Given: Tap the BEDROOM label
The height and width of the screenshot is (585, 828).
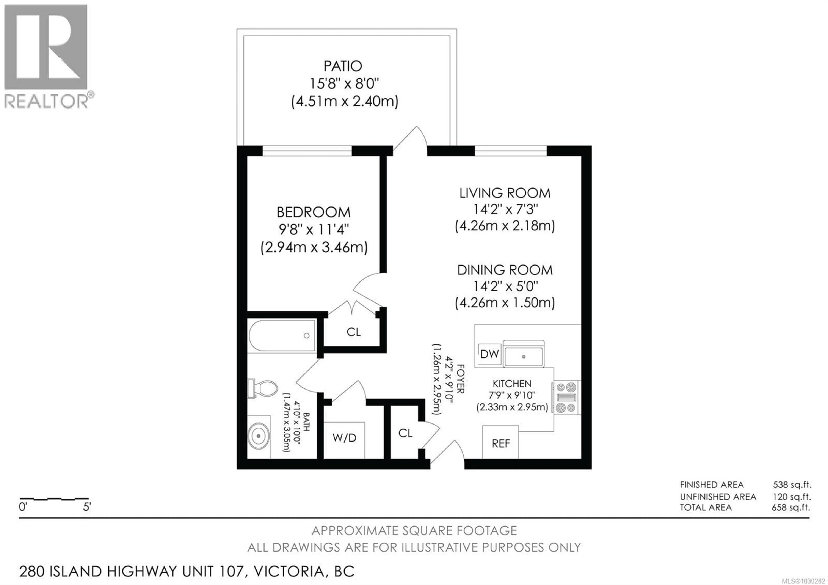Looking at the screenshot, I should (313, 212).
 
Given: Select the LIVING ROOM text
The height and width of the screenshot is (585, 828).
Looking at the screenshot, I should (505, 193).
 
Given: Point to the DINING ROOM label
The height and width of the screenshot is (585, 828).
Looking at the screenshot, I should (505, 270).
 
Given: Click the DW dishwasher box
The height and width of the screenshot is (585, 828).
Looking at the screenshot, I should (489, 354).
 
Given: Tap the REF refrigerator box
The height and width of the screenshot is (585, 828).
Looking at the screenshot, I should (500, 443).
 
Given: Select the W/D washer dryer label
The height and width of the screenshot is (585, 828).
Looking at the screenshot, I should (344, 438).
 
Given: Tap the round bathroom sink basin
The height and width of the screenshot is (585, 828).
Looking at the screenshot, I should (258, 436).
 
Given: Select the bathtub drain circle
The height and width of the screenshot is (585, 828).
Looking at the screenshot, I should (307, 336).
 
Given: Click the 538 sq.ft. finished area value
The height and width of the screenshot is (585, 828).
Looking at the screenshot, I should (792, 485).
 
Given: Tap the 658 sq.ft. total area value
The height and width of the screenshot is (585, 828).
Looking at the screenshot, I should (791, 508).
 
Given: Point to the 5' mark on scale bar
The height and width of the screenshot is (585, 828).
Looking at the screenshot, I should (86, 507).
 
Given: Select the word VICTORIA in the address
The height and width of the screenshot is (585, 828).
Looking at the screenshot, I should (289, 571).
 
